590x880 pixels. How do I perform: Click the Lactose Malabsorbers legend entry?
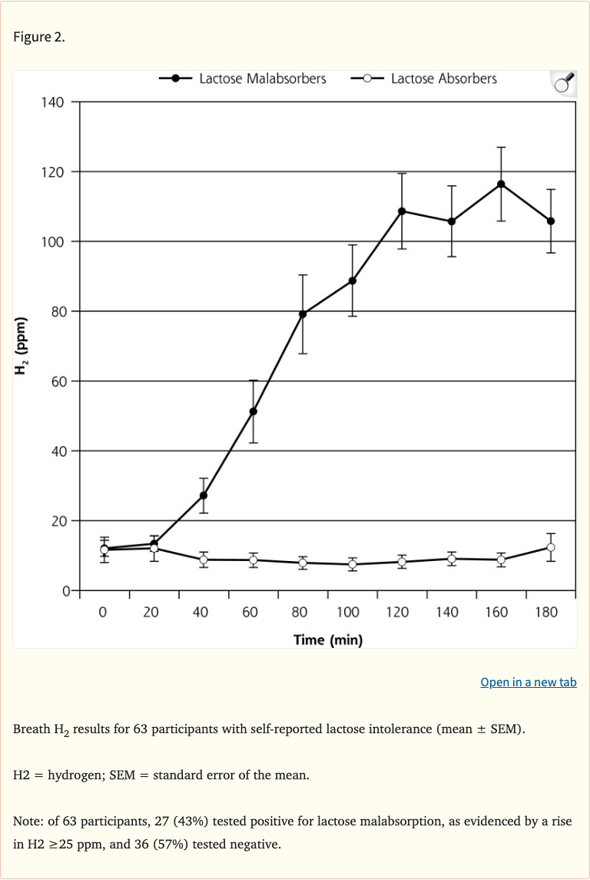click(244, 78)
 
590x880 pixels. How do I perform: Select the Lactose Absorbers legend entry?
click(424, 78)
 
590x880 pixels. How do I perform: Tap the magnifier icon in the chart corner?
click(562, 83)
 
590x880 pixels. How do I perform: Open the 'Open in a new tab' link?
click(528, 682)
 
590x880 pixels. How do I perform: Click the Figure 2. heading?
click(39, 38)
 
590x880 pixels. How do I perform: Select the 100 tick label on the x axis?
click(347, 613)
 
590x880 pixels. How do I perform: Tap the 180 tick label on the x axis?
click(546, 613)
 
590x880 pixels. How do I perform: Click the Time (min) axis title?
click(328, 639)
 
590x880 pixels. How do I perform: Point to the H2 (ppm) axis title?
click(22, 346)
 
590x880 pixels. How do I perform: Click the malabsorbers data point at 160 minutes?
click(501, 184)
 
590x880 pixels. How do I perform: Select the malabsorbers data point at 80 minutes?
click(303, 314)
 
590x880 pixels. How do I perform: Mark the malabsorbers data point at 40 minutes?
click(204, 495)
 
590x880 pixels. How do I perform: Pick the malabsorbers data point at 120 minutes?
click(402, 211)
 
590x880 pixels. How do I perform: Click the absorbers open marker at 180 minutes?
click(551, 547)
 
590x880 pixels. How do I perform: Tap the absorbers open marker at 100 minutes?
click(353, 564)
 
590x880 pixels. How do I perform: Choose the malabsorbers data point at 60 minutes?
click(253, 411)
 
